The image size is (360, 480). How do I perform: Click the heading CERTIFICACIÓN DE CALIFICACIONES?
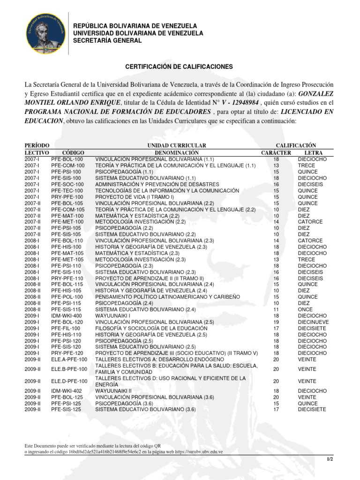point(179,67)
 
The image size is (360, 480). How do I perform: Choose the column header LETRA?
point(313,153)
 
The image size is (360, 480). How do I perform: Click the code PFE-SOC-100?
point(67,185)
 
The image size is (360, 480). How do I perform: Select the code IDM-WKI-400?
point(66,316)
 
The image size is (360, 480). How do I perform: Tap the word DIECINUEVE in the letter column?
point(313,322)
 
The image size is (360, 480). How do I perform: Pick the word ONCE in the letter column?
point(305,309)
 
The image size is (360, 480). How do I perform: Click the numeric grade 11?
point(276,309)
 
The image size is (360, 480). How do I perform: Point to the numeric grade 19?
point(276,322)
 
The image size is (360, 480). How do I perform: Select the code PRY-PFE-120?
point(67,353)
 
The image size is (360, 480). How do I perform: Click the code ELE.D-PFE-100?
point(69,381)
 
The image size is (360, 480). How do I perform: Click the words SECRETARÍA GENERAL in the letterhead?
point(107,41)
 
